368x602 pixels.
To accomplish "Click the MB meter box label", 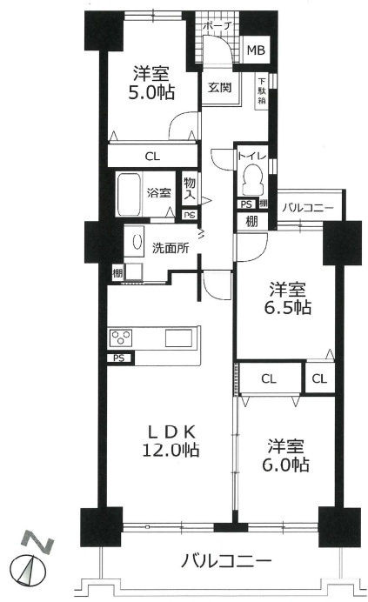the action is click(256, 50).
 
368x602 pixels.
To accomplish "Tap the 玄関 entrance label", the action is click(220, 87).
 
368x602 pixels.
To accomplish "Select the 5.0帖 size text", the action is click(151, 93).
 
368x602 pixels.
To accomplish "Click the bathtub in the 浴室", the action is click(130, 193).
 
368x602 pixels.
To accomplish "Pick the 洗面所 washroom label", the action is click(171, 248).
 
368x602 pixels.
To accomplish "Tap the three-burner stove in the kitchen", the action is click(122, 338).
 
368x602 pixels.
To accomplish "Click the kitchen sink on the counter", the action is click(178, 338).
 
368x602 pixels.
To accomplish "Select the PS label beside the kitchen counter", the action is click(118, 358).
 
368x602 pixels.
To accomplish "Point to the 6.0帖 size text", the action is click(286, 465).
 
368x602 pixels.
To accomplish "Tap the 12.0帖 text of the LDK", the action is click(171, 449).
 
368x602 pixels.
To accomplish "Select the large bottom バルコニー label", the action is click(226, 562).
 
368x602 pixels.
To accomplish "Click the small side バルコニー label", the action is click(308, 208).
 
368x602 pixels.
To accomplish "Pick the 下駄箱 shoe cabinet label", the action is click(262, 91).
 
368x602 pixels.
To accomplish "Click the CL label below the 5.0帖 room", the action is click(152, 157).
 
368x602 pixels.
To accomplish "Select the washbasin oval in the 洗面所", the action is click(137, 242).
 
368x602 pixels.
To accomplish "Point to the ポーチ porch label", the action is click(217, 26).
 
